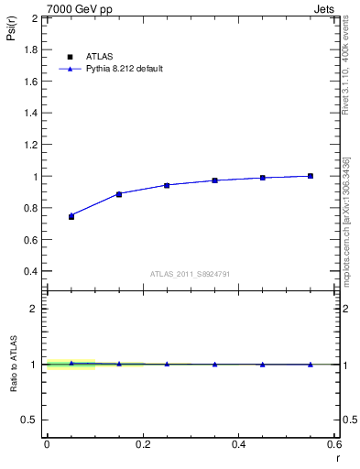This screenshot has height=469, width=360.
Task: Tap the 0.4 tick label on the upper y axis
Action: click(x=32, y=271)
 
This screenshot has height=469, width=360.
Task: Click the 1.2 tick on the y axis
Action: click(x=32, y=145)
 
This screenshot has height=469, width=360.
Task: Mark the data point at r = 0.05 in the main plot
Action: click(x=71, y=216)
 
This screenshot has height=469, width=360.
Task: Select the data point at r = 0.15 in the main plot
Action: click(x=119, y=194)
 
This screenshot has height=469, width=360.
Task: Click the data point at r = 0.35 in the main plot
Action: click(x=214, y=180)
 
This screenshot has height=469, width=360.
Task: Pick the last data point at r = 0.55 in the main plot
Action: click(x=311, y=176)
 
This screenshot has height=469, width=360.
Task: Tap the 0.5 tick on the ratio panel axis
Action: click(x=32, y=420)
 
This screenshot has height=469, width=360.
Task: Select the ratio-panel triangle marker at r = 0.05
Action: click(x=71, y=363)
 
